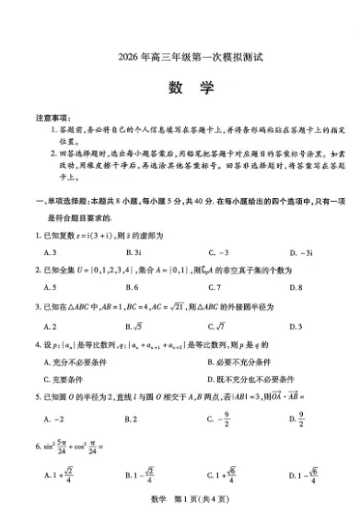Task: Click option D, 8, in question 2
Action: [x=294, y=287]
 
